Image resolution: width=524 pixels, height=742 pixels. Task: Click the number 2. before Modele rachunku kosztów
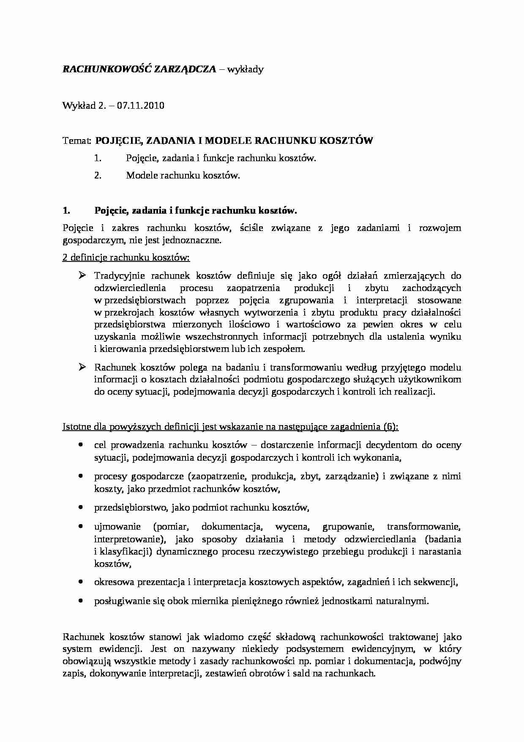98,176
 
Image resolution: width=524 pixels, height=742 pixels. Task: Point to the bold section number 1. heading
66,211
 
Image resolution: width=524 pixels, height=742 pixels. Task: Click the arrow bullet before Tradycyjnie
82,276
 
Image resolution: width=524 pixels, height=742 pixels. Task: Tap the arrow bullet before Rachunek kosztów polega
82,367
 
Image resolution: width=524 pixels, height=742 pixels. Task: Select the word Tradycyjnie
118,276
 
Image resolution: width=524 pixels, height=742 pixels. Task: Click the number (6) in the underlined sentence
391,427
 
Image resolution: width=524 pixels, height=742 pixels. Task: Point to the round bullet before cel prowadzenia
81,445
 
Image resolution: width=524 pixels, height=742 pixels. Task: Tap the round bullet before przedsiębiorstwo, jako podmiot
81,507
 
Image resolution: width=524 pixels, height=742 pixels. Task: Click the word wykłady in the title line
245,70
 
